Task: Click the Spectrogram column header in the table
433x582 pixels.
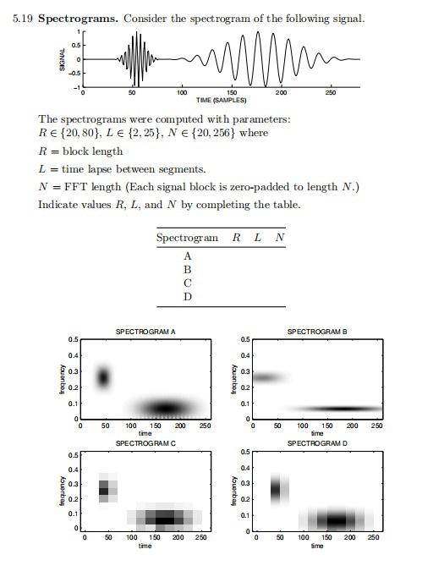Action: (x=187, y=239)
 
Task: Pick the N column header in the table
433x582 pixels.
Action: (x=279, y=239)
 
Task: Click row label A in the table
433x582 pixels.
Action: (x=187, y=255)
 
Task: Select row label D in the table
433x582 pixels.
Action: (x=187, y=297)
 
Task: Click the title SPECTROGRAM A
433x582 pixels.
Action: (x=145, y=332)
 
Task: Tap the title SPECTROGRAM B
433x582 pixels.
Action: (x=317, y=332)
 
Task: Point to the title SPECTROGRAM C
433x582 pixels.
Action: (x=145, y=442)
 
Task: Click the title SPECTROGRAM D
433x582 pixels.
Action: (x=317, y=442)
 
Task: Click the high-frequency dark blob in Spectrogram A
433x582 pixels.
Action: (x=104, y=377)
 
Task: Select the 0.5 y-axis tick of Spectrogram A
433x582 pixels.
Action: (x=74, y=340)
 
